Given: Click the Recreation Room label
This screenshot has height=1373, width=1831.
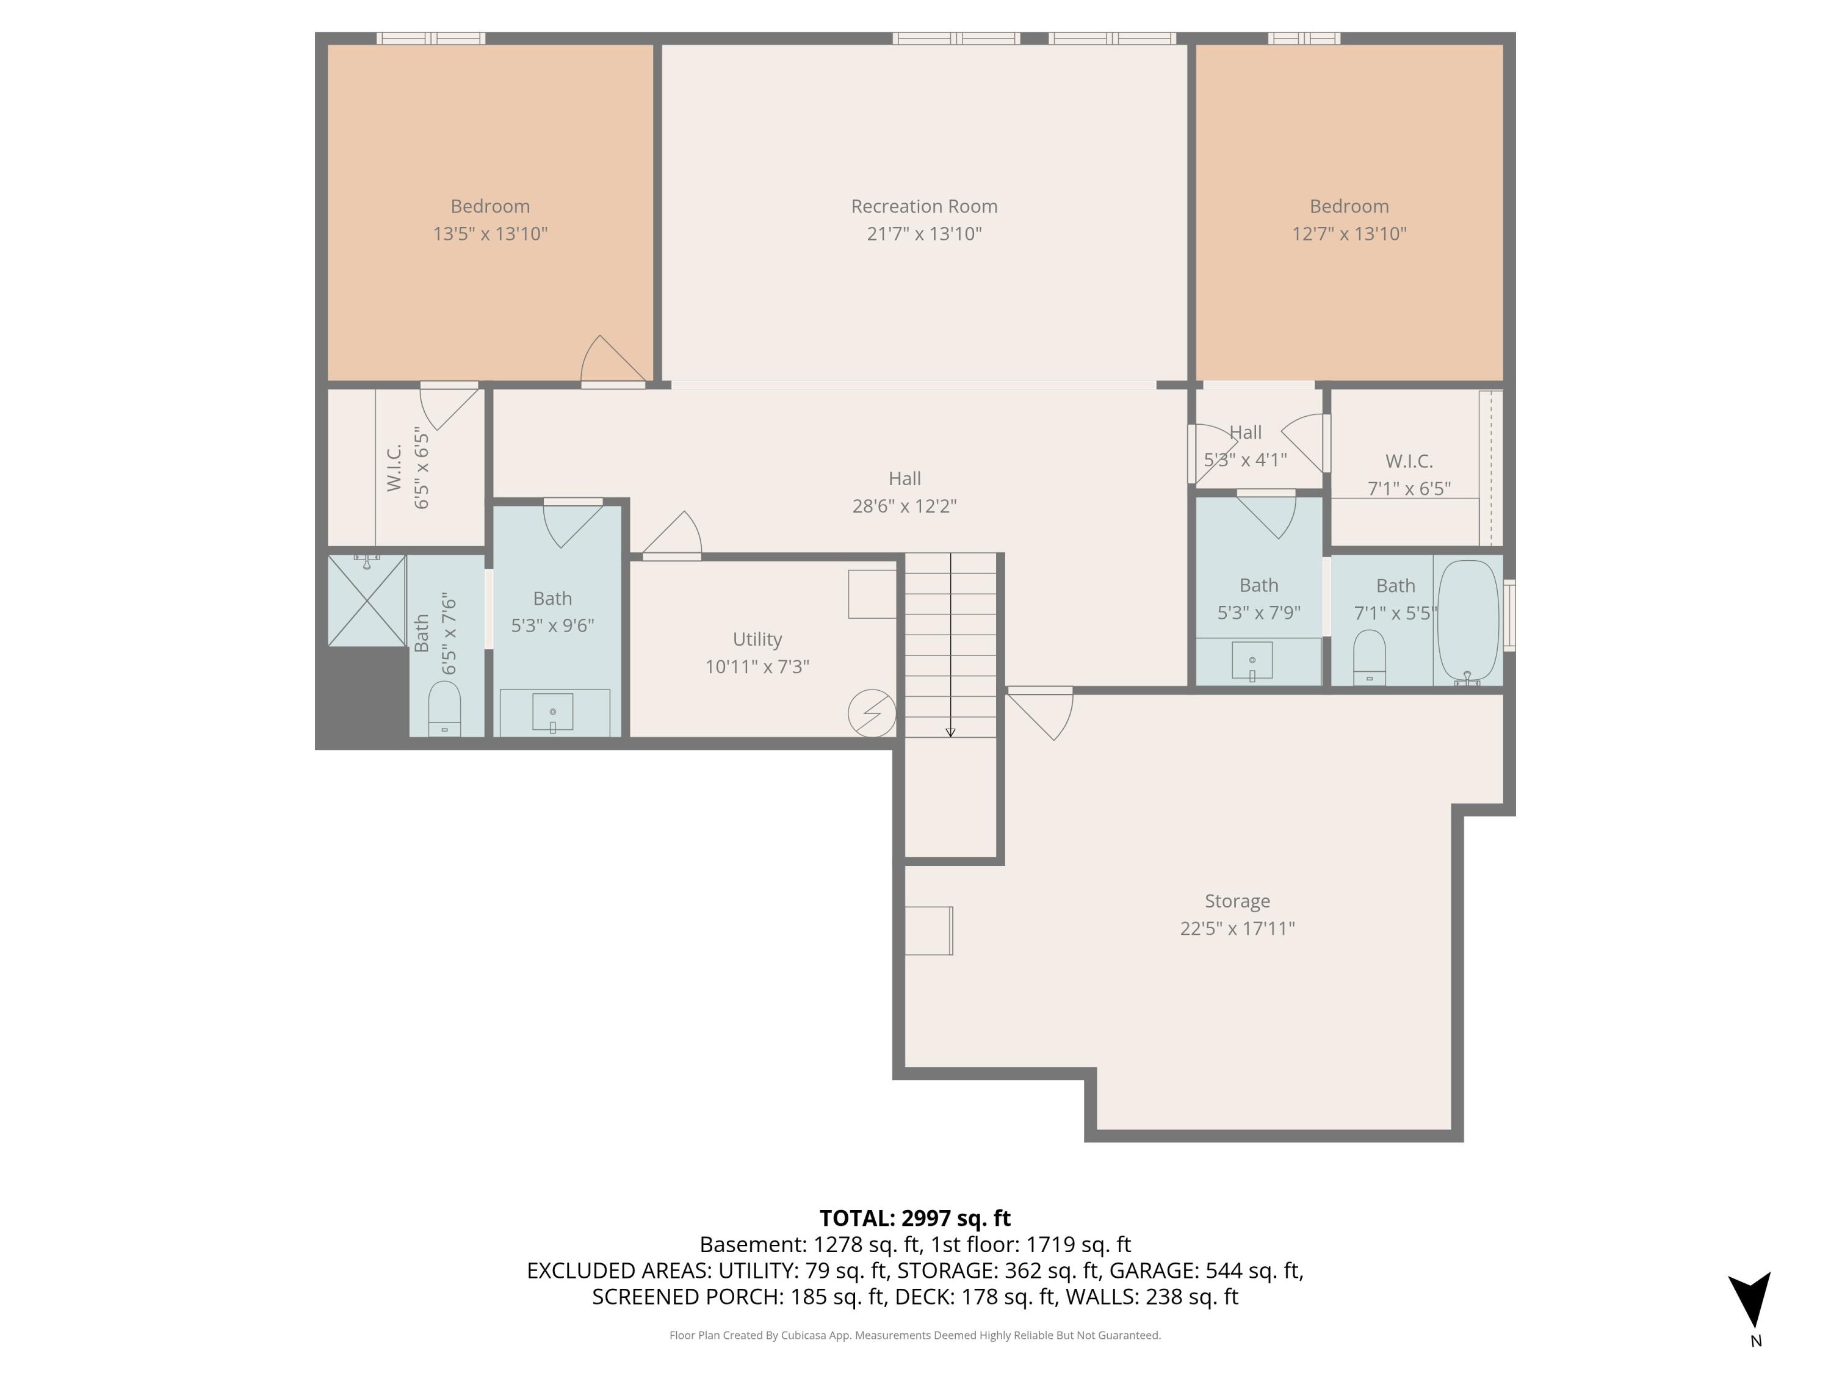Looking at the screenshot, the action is (924, 206).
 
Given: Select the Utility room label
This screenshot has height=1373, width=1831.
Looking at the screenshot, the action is (757, 639).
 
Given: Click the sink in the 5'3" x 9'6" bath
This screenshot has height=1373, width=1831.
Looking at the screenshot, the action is (553, 713).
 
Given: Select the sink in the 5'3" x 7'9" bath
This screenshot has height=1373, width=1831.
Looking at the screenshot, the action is (1252, 660).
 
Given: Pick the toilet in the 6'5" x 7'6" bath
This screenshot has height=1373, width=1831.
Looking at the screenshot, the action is (444, 708).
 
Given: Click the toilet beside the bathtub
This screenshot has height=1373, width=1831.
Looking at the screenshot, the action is (1369, 658).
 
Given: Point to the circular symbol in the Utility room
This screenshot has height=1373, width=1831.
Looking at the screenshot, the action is (872, 713).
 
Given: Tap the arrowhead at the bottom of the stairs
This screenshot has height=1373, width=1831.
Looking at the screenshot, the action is (950, 732).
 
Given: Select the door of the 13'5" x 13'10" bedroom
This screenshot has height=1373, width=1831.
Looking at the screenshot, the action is (613, 362).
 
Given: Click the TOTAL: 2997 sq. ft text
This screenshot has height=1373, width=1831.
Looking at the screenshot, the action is (915, 1218).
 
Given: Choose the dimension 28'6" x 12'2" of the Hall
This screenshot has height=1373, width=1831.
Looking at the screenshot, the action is (904, 506).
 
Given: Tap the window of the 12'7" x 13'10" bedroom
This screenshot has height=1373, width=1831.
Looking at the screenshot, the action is (1304, 38).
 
